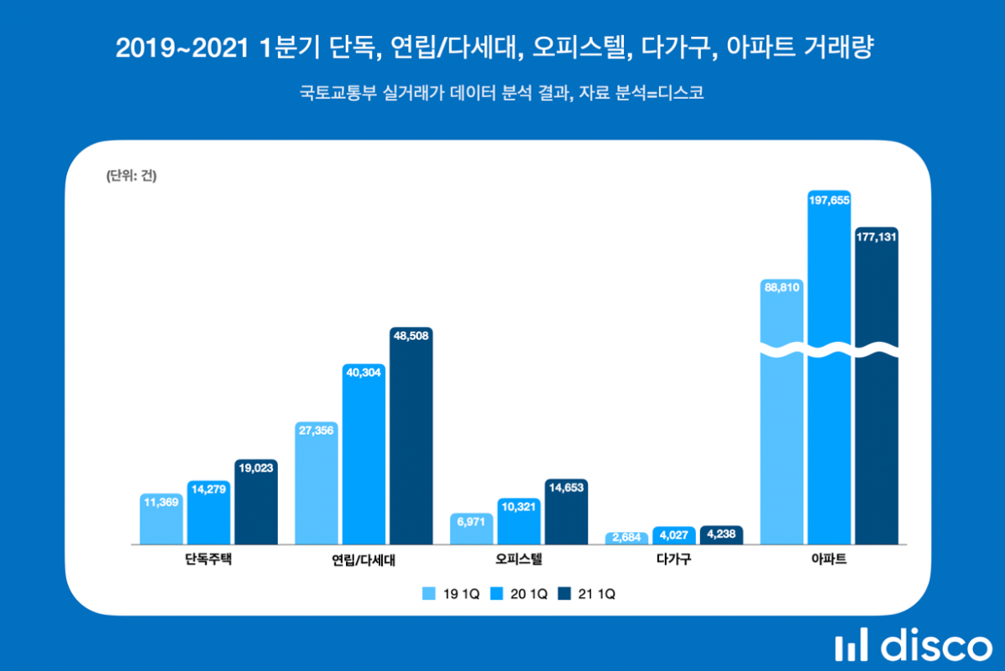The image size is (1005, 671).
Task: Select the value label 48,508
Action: tap(410, 338)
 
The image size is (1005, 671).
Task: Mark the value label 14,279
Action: tap(208, 491)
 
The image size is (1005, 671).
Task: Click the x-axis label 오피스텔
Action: tap(519, 560)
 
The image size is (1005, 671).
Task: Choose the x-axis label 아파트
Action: tap(829, 560)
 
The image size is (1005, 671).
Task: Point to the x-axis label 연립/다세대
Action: tap(364, 560)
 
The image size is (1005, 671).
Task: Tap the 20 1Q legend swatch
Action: tap(497, 594)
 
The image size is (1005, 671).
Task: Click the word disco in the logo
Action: tap(935, 647)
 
